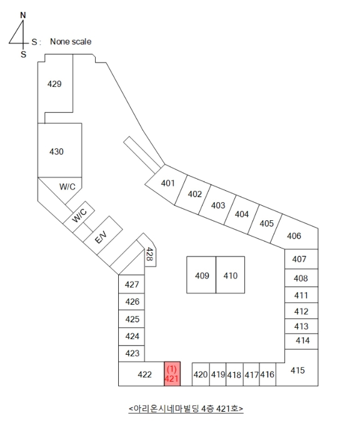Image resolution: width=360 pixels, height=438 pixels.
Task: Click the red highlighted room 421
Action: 172,374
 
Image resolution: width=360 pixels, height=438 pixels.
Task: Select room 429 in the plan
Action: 55,84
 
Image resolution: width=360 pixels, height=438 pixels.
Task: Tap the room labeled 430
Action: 60,150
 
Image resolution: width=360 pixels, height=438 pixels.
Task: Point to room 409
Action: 201,275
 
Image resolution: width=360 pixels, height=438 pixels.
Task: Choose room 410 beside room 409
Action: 230,275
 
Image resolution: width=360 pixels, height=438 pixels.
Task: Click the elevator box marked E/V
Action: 103,235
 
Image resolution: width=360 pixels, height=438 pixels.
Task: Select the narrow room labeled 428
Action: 150,253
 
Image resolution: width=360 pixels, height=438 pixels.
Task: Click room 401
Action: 167,184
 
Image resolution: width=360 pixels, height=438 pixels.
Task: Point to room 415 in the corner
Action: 297,369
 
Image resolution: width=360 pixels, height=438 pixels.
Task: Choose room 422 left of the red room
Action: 141,374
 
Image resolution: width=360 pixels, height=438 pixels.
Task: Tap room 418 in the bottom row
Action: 234,375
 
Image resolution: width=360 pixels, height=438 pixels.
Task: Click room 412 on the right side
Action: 301,311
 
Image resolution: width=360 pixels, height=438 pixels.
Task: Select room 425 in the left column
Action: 131,318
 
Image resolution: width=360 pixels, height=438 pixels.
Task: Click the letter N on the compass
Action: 23,16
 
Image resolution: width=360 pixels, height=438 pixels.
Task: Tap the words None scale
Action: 71,42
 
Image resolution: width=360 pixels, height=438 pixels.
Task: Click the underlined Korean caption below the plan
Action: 186,409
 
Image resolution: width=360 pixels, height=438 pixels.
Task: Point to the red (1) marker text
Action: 172,369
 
